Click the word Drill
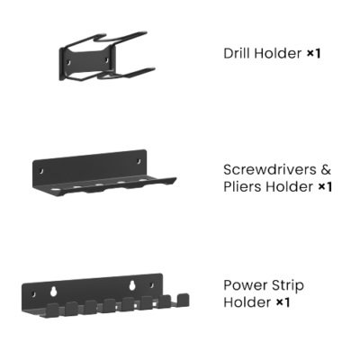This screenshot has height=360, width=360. click(237, 53)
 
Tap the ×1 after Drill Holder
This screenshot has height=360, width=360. click(314, 54)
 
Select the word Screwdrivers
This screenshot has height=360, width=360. click(270, 170)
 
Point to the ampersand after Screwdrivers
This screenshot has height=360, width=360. click(326, 170)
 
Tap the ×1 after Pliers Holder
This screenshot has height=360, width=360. click(325, 187)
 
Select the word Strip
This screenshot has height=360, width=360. click(287, 286)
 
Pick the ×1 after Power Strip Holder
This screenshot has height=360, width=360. click(283, 302)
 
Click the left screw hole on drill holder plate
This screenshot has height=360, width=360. click(68, 63)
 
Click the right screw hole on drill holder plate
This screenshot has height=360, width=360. click(107, 60)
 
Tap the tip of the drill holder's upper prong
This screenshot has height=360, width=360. click(146, 32)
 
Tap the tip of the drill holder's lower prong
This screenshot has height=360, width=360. click(154, 69)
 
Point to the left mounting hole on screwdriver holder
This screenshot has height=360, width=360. click(41, 171)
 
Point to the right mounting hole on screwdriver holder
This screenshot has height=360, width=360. click(139, 161)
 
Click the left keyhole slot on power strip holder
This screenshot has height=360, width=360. click(54, 292)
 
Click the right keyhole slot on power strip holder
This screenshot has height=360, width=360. click(132, 285)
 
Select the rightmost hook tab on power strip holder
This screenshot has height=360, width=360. click(183, 301)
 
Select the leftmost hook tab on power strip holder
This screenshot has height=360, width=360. click(53, 310)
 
